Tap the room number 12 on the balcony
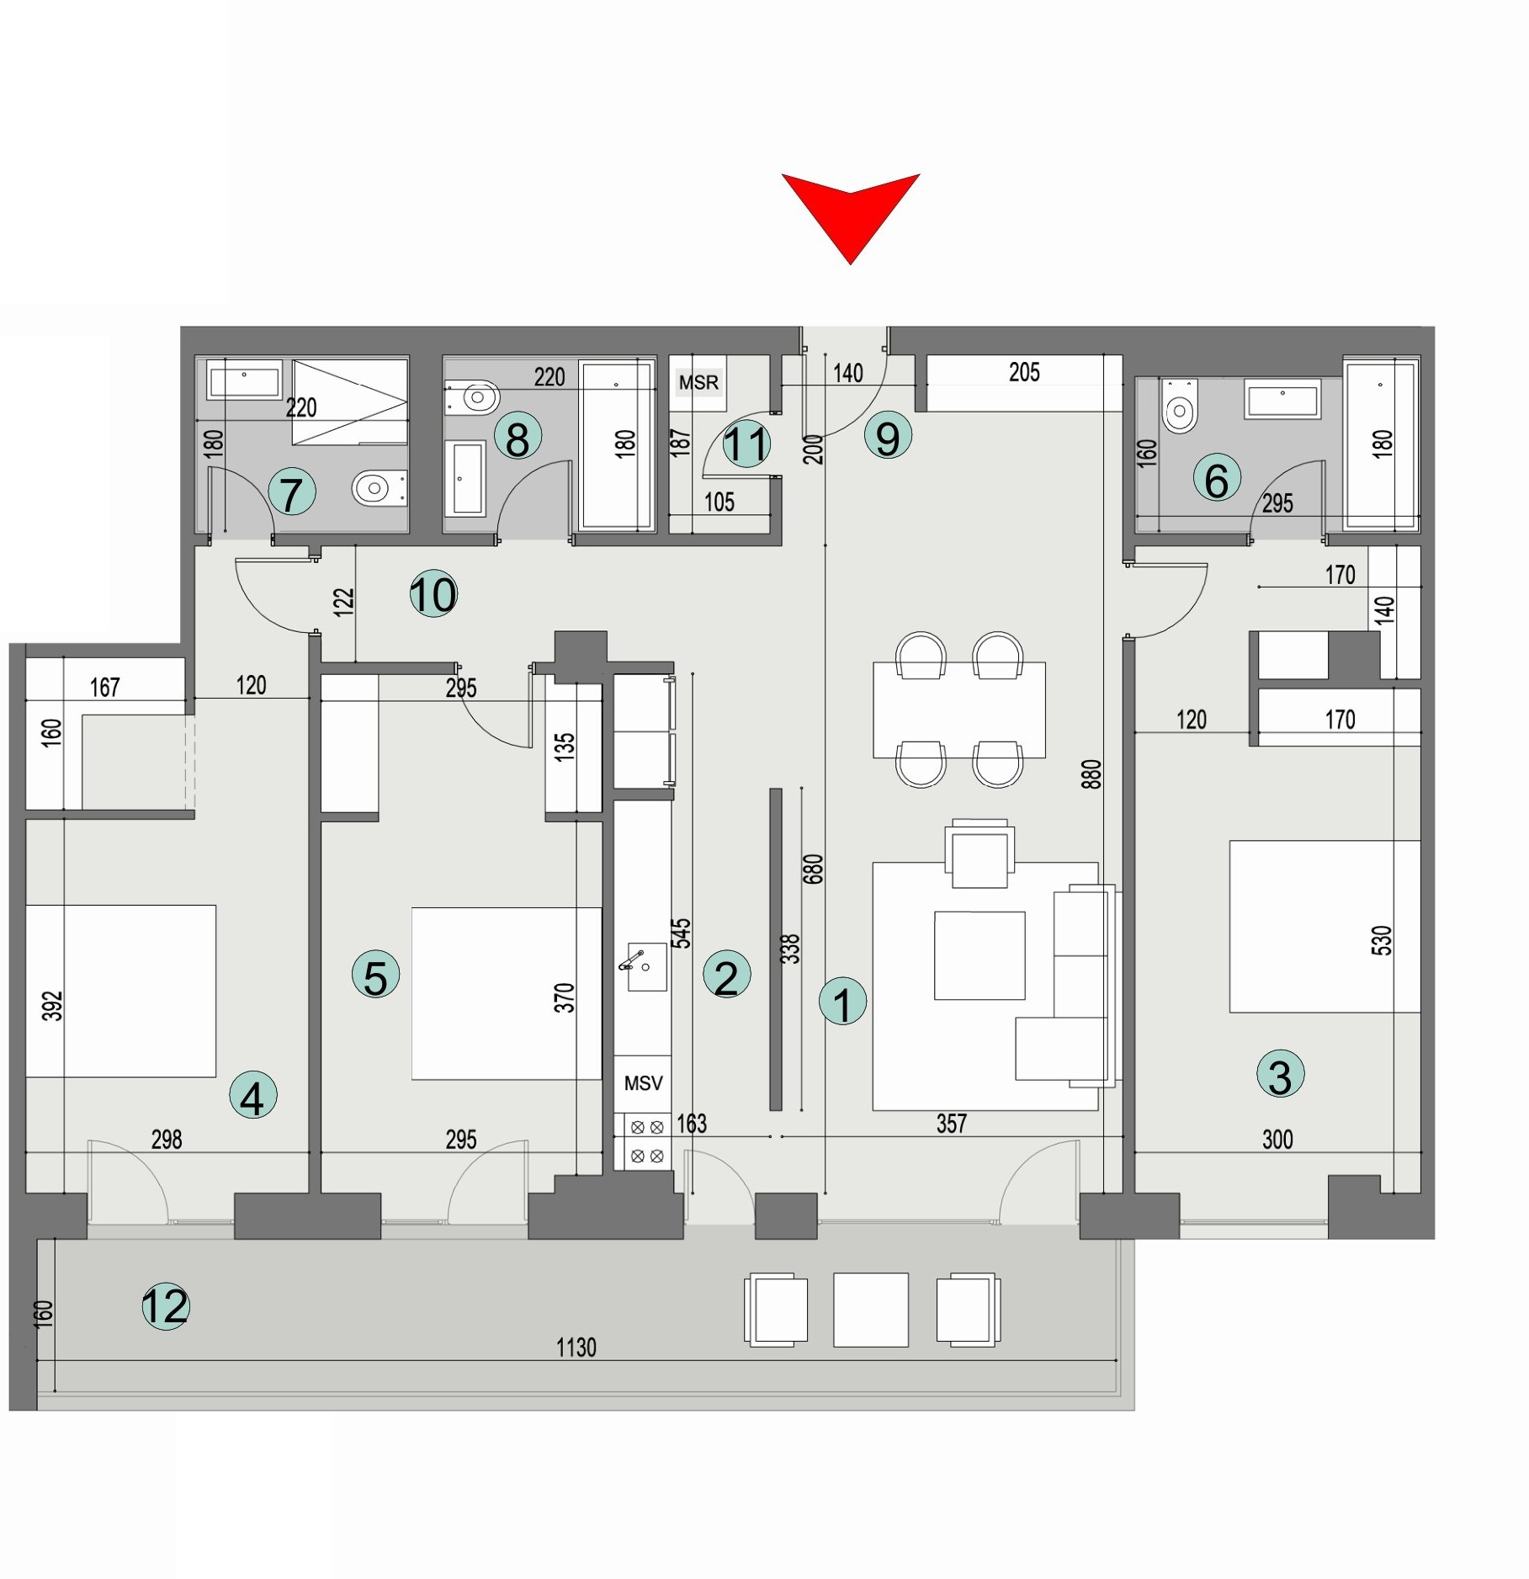coord(166,1306)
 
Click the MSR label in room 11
coord(698,383)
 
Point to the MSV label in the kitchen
coord(643,1083)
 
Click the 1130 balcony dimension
coord(576,1348)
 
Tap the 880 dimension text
coord(1091,774)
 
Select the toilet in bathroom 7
coord(377,488)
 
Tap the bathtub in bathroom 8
coord(617,446)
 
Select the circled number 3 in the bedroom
coord(1280,1075)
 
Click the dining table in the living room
coord(959,710)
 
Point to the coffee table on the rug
coord(980,955)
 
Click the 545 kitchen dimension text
coord(681,933)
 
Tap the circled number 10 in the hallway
coord(433,594)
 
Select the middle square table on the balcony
coord(871,1310)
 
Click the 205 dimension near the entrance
coord(1024,372)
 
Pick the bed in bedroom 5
coord(506,993)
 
